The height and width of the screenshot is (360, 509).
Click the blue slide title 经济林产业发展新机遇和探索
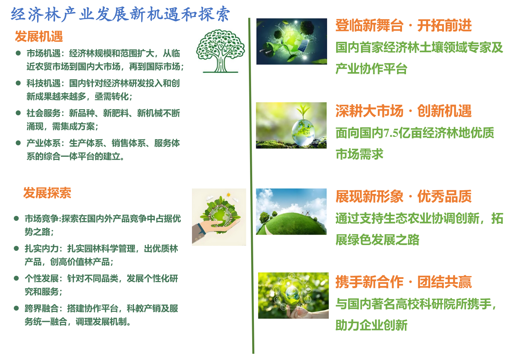coord(120,14)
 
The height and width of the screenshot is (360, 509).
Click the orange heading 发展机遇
coord(39,36)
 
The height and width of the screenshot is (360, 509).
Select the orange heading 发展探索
coord(47,193)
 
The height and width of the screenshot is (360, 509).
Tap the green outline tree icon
coord(220,51)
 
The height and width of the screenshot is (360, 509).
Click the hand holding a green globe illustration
coord(219,217)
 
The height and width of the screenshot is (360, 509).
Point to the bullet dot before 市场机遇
coord(18,53)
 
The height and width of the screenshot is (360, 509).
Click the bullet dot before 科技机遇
coord(18,83)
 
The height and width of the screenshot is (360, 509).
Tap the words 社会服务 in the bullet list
coord(43,113)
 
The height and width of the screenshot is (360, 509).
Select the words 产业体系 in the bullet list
coord(43,143)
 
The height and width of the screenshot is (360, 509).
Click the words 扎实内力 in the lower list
coord(41,248)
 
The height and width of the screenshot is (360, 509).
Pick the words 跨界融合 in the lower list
coord(41,308)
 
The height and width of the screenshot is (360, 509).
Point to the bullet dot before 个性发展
coord(16,279)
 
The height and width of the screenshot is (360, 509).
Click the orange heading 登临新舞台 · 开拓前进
coord(403,25)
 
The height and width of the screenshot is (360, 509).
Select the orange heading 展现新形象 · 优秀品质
coord(403,196)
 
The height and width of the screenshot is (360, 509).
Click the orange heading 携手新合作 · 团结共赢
coord(403,282)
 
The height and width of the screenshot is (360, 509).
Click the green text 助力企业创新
coord(371,325)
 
